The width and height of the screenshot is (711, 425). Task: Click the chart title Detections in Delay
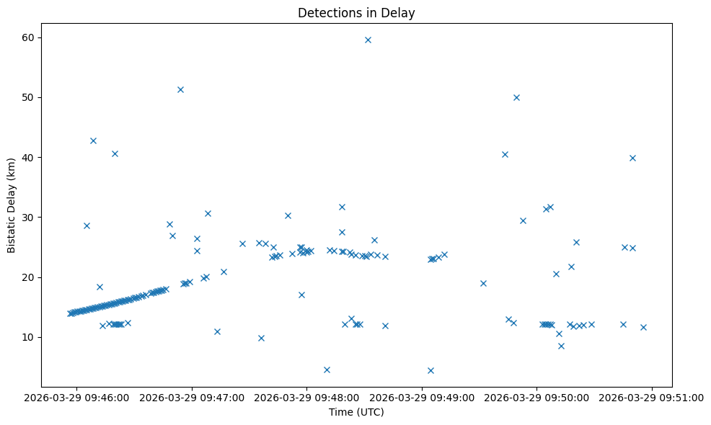(x=356, y=13)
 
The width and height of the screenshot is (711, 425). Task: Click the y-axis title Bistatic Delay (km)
(x=12, y=205)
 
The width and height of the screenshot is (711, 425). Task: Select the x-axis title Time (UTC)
(x=356, y=412)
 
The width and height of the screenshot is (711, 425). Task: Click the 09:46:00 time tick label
(x=77, y=398)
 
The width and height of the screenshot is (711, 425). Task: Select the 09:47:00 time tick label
(x=192, y=398)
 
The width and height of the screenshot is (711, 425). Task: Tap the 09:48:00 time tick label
(x=307, y=398)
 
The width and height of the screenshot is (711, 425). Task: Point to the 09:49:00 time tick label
(x=422, y=398)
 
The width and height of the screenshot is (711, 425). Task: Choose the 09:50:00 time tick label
(x=537, y=398)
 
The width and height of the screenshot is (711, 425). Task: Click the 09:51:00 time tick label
(x=652, y=398)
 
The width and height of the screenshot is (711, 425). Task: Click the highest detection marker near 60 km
(x=368, y=40)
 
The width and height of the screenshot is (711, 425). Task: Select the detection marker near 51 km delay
(x=180, y=89)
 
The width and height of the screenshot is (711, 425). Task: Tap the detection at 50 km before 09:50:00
(x=516, y=97)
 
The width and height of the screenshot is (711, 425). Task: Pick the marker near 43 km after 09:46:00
(x=93, y=140)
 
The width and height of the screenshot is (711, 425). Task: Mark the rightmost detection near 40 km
(x=632, y=158)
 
